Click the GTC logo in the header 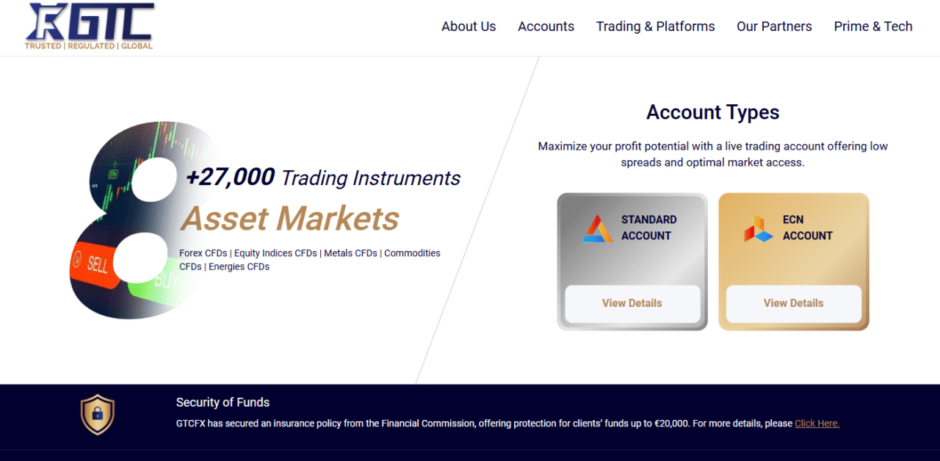click(x=89, y=26)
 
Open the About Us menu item click(x=469, y=26)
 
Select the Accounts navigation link click(x=546, y=26)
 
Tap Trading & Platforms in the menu click(x=655, y=26)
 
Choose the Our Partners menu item click(x=774, y=26)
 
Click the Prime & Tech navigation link click(x=873, y=26)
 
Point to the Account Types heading click(x=712, y=112)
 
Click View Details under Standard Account click(x=632, y=303)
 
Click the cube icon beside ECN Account click(x=759, y=228)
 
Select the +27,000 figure click(x=231, y=177)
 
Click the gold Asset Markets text click(x=289, y=219)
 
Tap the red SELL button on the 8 click(x=95, y=264)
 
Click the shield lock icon click(x=98, y=415)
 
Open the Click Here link click(x=817, y=424)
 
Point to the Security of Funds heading click(x=223, y=402)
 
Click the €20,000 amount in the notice click(x=671, y=424)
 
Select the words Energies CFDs click(x=239, y=266)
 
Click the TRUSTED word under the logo click(x=43, y=46)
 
